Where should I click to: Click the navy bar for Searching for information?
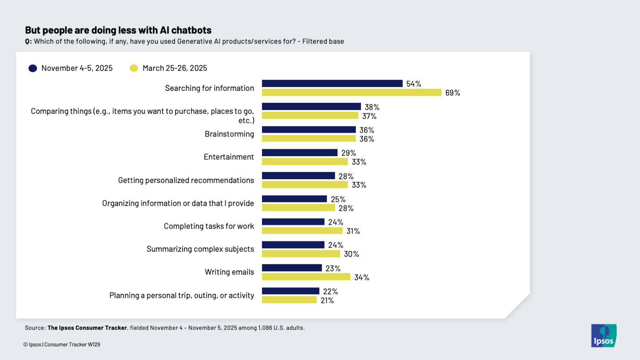pos(332,84)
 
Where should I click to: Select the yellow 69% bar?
pos(352,93)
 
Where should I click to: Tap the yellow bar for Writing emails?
pos(306,277)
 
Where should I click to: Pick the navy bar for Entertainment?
pos(300,153)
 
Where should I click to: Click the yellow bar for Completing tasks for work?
pos(302,231)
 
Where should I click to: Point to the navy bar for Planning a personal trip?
pos(291,291)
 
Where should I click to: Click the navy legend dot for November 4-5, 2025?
pos(33,68)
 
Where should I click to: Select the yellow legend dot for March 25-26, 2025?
pos(134,68)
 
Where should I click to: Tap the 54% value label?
pos(413,84)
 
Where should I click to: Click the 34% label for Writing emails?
pos(361,278)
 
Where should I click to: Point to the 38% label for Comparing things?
pos(372,107)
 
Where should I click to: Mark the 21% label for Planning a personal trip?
pos(327,301)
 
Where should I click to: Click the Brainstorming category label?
pos(229,134)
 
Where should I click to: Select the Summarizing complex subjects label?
pos(200,249)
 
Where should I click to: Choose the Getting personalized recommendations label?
pos(186,180)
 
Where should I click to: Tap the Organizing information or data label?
pos(178,203)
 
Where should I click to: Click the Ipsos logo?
pos(603,336)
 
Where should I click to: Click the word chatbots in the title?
pos(191,30)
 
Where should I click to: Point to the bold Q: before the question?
pos(28,42)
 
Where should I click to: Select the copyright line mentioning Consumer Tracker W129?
pos(62,345)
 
